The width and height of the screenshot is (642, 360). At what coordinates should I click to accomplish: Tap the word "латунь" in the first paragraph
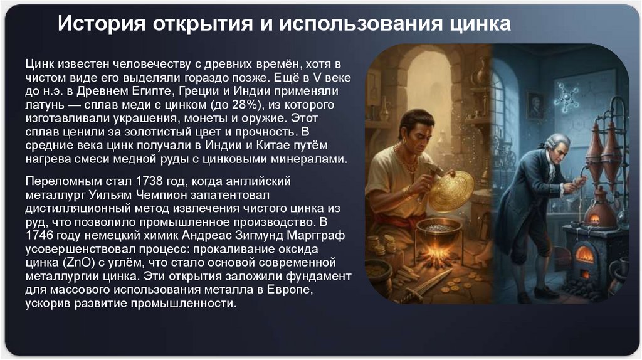click(45, 103)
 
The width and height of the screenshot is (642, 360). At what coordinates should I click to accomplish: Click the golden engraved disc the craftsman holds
click(451, 190)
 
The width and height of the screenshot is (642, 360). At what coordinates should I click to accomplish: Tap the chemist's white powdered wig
click(555, 142)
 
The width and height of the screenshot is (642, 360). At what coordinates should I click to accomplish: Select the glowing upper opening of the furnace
click(584, 254)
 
